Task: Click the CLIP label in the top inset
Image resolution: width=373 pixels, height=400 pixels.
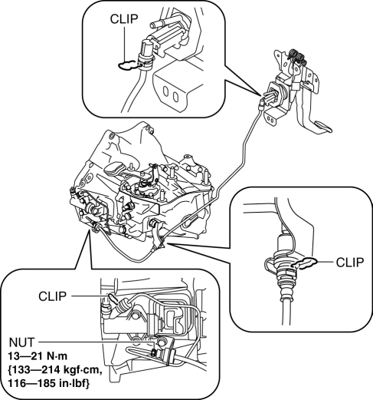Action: [x=124, y=18]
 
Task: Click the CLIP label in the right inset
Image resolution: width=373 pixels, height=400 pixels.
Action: [x=350, y=263]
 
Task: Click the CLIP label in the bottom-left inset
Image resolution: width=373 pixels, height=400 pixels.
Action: [x=52, y=296]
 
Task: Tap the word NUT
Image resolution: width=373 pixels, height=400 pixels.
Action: [x=21, y=342]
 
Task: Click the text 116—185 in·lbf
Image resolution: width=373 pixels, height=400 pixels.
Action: [x=48, y=383]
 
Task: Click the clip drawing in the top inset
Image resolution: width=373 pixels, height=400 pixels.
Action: [x=129, y=65]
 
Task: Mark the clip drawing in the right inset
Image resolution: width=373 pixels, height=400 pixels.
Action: [x=305, y=263]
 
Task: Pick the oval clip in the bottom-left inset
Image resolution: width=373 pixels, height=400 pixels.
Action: [x=113, y=298]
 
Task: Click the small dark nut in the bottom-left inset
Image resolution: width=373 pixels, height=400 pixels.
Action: [x=153, y=353]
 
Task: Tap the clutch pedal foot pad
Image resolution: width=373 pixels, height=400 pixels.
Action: [x=322, y=127]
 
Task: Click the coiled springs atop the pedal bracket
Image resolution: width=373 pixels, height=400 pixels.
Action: [x=296, y=56]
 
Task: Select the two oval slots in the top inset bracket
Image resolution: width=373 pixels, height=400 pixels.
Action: [x=171, y=94]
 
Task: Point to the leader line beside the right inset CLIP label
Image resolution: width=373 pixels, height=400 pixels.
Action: [x=325, y=262]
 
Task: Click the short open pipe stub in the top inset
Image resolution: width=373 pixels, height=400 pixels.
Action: [x=155, y=25]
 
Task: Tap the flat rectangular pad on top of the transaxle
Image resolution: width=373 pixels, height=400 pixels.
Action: [x=114, y=168]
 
